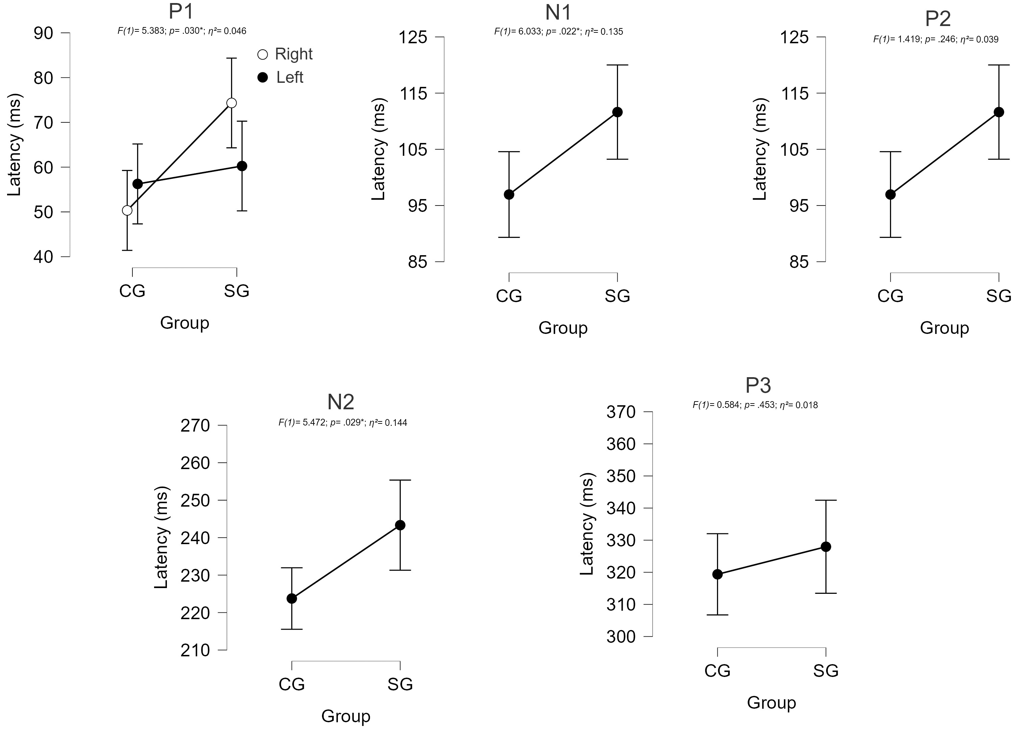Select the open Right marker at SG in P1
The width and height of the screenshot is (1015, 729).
(x=231, y=103)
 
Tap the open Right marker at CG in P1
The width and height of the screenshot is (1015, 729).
(x=127, y=210)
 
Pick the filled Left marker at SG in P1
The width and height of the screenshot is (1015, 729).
(x=242, y=166)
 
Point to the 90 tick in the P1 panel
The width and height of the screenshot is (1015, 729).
(x=43, y=33)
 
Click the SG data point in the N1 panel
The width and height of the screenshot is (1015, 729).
(x=618, y=112)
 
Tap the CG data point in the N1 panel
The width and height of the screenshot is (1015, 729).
(x=509, y=195)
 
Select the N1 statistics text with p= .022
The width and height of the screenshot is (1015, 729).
(x=558, y=31)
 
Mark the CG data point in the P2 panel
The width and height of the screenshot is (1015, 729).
(x=891, y=195)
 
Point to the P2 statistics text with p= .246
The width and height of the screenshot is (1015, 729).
(x=935, y=40)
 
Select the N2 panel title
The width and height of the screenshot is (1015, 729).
(x=341, y=402)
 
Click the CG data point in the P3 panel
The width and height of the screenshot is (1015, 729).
(x=717, y=574)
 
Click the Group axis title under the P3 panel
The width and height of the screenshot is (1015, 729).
(x=771, y=702)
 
